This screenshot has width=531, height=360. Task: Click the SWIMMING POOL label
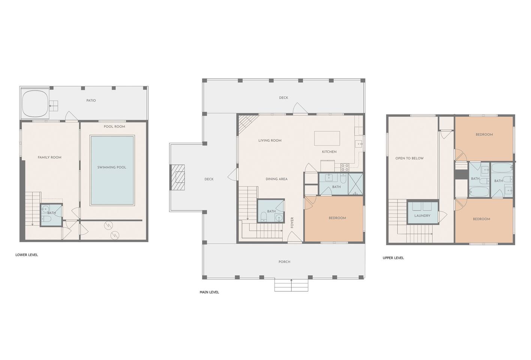(112, 167)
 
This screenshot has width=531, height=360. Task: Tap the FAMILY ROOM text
(49, 157)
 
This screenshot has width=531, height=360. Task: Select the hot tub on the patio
(35, 104)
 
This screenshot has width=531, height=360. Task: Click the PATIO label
(91, 100)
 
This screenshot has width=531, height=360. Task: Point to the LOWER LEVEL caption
(27, 255)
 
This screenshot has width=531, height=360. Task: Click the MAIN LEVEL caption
(209, 292)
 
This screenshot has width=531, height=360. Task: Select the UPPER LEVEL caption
(393, 258)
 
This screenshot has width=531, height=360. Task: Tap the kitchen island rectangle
(327, 138)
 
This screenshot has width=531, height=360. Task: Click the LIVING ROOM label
(270, 140)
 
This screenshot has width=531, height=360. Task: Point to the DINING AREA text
(277, 179)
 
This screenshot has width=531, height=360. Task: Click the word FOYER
(292, 222)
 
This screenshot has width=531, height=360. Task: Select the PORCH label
(284, 262)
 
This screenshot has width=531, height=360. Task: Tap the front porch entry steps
(291, 285)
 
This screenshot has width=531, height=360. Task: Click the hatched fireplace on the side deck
(177, 177)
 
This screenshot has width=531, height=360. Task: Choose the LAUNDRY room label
(422, 216)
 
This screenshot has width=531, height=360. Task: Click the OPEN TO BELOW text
(409, 158)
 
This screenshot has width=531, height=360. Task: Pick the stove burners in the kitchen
(345, 167)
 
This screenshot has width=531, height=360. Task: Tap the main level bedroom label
(337, 218)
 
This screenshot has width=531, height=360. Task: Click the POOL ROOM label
(114, 126)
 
